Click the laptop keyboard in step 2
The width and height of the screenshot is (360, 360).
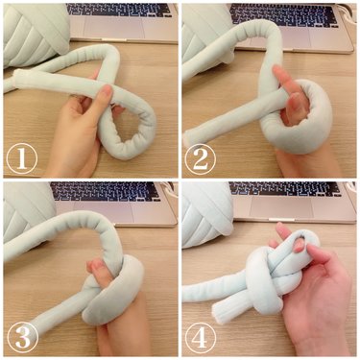278,15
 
